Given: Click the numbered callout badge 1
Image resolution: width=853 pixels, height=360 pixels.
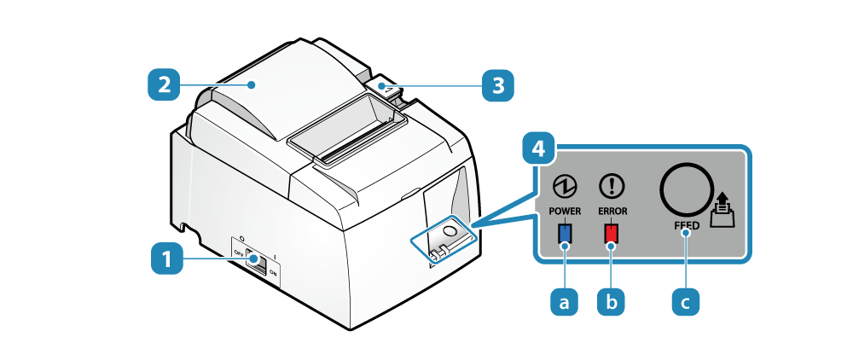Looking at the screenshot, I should pos(167,258).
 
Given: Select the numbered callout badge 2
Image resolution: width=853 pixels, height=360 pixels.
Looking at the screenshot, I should pos(163,84).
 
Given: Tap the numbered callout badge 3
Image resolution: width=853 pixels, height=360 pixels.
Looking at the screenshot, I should pos(498,84).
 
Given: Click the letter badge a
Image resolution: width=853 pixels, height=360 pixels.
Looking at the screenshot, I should pos(564,300).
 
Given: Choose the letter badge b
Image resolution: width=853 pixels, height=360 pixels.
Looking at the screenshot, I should pos(611,300).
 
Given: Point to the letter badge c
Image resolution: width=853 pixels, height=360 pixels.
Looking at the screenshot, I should pos(687,300).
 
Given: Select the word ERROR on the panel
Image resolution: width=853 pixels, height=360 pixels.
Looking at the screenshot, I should pos(612,209).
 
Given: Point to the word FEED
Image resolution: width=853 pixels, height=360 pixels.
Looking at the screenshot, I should pos(686,225).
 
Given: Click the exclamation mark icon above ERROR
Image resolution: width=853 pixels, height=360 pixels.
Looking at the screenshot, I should pos(612,184).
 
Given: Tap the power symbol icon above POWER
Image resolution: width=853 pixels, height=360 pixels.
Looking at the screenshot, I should pos(564,184).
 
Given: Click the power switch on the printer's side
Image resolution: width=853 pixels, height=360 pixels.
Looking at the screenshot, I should pos(255,259).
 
